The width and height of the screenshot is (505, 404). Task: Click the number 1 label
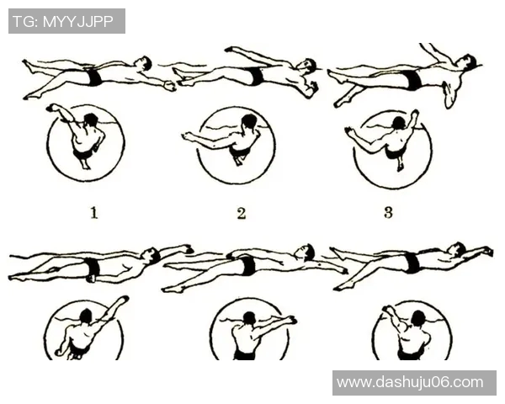[94, 213]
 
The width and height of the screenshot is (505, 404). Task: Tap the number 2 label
[242, 213]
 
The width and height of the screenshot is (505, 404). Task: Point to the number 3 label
[388, 213]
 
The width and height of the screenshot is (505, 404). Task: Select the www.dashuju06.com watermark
[410, 382]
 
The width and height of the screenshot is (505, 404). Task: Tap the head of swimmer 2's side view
[309, 66]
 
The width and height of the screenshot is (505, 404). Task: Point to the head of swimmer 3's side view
[467, 62]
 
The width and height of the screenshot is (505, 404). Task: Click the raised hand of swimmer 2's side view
[229, 50]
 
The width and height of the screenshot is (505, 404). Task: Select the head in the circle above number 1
[91, 120]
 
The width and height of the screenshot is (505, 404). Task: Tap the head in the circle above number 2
[249, 122]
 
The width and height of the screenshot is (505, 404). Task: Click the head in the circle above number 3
[399, 123]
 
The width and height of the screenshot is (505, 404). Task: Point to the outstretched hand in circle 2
[187, 136]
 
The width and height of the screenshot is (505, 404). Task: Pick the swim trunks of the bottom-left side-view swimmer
[93, 268]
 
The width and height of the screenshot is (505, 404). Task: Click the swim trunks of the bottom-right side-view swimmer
[412, 263]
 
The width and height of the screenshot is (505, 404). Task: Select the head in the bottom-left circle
[86, 316]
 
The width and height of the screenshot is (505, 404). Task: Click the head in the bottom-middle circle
[249, 318]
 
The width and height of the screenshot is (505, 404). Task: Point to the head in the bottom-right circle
[417, 318]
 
